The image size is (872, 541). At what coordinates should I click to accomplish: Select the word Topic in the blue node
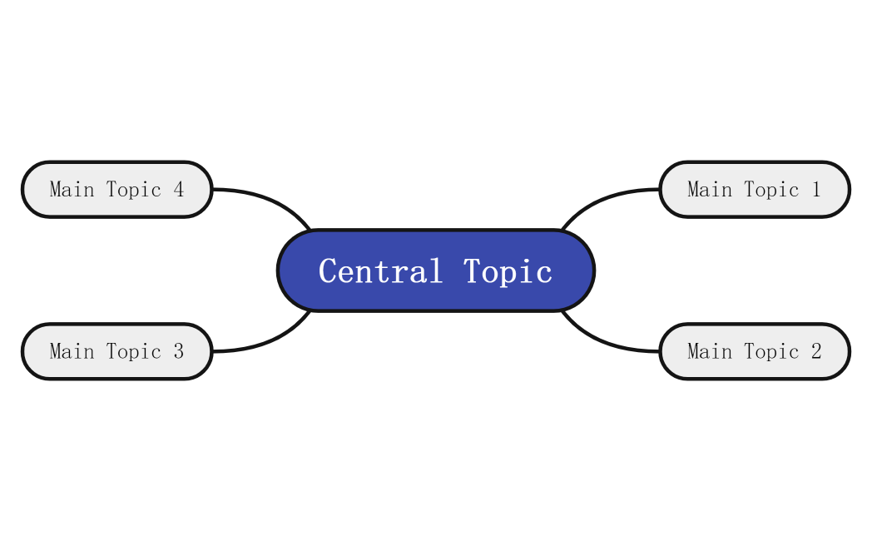point(508,271)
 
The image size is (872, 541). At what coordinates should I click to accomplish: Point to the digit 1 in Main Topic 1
point(815,190)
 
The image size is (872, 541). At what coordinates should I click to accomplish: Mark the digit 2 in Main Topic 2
point(815,351)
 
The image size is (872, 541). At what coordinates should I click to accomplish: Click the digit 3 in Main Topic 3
point(178,351)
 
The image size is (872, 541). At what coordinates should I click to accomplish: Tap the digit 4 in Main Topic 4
point(178,190)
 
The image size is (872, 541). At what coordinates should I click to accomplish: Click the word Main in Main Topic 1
point(710,190)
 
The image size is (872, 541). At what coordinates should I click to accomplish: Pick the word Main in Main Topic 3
point(72,351)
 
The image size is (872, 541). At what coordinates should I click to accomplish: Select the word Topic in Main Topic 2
point(771,351)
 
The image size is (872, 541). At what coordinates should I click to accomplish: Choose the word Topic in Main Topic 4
point(134,190)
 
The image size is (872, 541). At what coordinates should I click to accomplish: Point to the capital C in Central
point(327,271)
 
